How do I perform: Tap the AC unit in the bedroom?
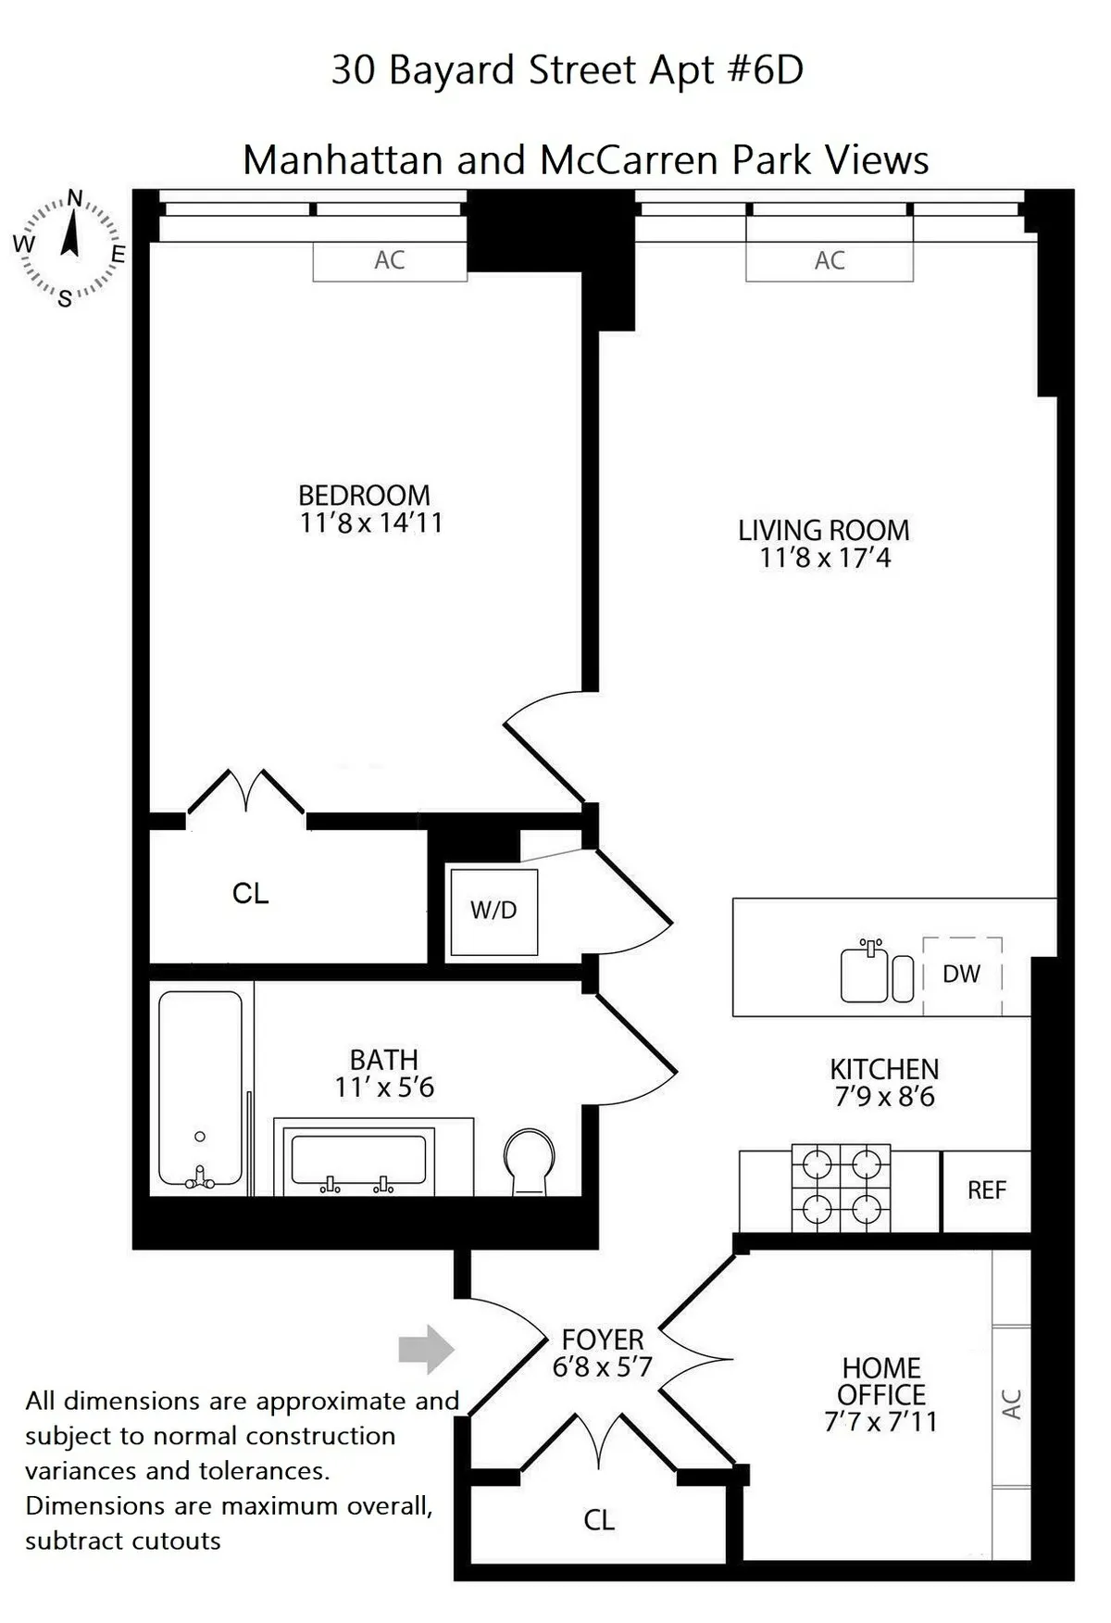click(x=390, y=260)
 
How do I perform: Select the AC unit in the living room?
click(x=830, y=261)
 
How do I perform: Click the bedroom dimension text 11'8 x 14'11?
click(x=371, y=523)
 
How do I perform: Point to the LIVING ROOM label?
click(x=823, y=530)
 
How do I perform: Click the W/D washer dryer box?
click(x=493, y=912)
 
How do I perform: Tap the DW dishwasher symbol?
click(x=962, y=975)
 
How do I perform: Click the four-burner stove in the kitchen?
click(x=841, y=1189)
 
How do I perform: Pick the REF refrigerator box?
click(x=986, y=1190)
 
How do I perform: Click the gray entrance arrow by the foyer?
click(x=426, y=1349)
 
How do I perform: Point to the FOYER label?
click(x=603, y=1340)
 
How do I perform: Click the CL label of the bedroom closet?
click(x=250, y=894)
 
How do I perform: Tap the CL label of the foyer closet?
click(x=599, y=1520)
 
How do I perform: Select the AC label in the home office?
click(x=1012, y=1404)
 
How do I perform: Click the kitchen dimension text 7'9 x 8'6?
click(x=884, y=1098)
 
